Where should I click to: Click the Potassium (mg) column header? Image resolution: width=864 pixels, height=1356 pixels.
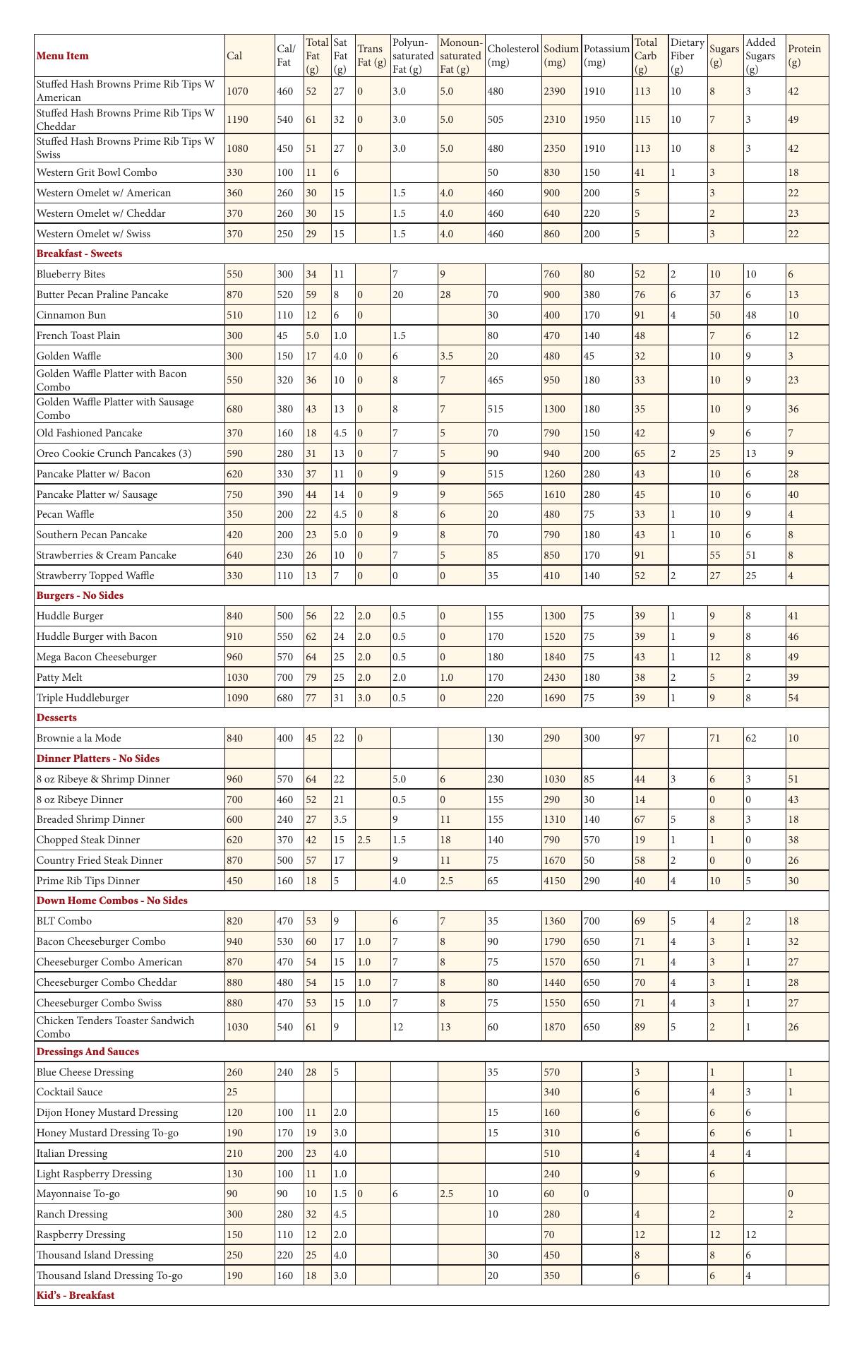click(x=606, y=56)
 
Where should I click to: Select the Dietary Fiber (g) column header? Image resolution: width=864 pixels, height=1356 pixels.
click(x=687, y=56)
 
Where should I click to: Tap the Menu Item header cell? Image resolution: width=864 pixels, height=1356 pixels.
click(x=63, y=56)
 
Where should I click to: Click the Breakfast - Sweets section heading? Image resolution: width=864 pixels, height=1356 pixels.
click(x=79, y=254)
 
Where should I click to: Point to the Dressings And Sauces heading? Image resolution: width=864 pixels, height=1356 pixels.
click(x=88, y=1052)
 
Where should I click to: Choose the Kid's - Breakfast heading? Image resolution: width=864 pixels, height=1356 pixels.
click(x=76, y=1295)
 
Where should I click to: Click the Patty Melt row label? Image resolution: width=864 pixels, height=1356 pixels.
click(x=59, y=677)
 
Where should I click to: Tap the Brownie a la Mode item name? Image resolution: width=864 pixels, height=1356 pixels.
click(x=78, y=738)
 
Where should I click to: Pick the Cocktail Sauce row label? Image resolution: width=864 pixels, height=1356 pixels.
click(x=69, y=1092)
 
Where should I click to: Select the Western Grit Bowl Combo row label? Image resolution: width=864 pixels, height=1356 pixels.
click(x=97, y=172)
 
